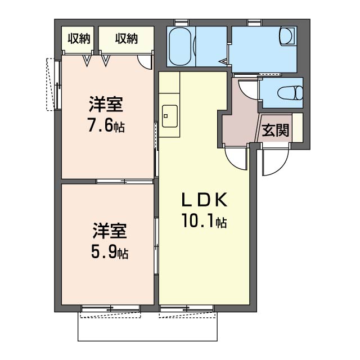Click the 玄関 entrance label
pyautogui.click(x=275, y=130)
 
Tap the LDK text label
pyautogui.click(x=204, y=200)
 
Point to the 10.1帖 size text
pyautogui.click(x=204, y=220)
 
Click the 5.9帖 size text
pyautogui.click(x=110, y=252)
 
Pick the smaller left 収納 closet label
pyautogui.click(x=79, y=38)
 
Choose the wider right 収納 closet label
pyautogui.click(x=126, y=38)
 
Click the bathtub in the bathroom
pyautogui.click(x=180, y=46)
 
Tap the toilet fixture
pyautogui.click(x=290, y=93)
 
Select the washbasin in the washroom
pyautogui.click(x=287, y=36)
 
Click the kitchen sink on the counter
pyautogui.click(x=170, y=116)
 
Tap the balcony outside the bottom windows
pyautogui.click(x=147, y=326)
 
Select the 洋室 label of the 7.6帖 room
pyautogui.click(x=106, y=105)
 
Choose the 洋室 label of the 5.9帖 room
pyautogui.click(x=110, y=231)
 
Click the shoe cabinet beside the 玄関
pyautogui.click(x=298, y=128)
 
